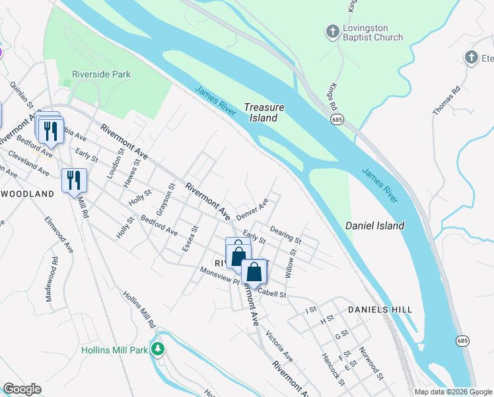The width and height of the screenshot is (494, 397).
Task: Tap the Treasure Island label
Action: [x=264, y=112]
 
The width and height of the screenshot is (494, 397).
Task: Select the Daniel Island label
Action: [x=374, y=226]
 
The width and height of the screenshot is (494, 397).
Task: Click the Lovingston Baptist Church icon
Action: [x=332, y=30]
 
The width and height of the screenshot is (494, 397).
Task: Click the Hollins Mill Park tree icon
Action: [x=157, y=349]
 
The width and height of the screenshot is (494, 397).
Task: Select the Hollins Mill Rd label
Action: [x=138, y=310]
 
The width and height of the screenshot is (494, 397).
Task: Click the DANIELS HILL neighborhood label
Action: [x=380, y=310]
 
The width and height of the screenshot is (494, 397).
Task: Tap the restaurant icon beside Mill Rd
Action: [x=74, y=180]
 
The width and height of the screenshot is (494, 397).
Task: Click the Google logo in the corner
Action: [x=22, y=389]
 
